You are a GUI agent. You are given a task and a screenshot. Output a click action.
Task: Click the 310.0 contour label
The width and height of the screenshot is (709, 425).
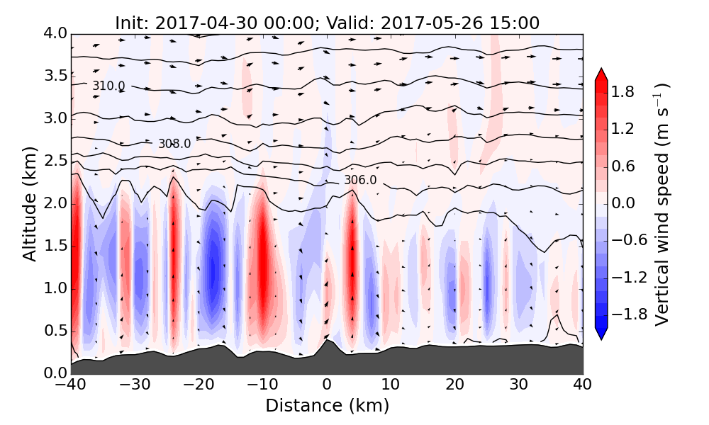[x=108, y=86]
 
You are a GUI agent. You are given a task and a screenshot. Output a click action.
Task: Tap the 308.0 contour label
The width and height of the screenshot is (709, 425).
[x=174, y=144]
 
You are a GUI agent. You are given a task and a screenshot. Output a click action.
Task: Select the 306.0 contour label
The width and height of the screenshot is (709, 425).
[x=360, y=181]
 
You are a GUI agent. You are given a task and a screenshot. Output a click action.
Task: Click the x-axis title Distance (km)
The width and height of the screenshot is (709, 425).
[x=327, y=406]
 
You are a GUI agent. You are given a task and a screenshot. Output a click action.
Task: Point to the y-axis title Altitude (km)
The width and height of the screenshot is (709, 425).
[x=29, y=203]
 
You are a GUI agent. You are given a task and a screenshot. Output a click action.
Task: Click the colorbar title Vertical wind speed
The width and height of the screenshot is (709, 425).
[x=662, y=204]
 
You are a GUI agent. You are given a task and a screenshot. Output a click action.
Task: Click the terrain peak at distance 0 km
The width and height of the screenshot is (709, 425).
[x=326, y=341]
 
